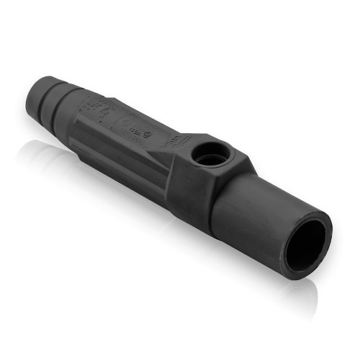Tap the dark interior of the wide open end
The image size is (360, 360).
pyautogui.click(x=305, y=242)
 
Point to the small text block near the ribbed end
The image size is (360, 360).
pyautogui.click(x=96, y=108)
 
